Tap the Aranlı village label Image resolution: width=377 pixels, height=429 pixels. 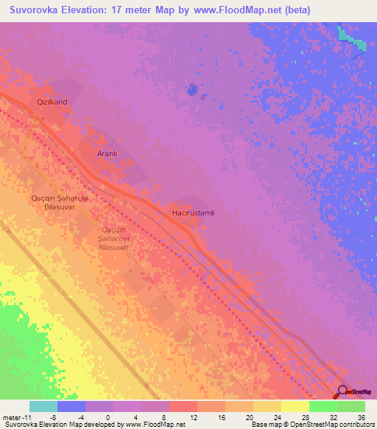tap(108, 153)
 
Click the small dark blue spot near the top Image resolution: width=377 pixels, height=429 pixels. tap(193, 90)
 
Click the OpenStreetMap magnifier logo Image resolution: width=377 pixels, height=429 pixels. tap(342, 392)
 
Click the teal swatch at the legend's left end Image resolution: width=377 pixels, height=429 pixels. tap(43, 406)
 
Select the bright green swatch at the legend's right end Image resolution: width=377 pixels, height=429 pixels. tap(351, 406)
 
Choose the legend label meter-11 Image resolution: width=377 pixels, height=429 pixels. tap(15, 417)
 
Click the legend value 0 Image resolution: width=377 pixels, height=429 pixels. tap(108, 417)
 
